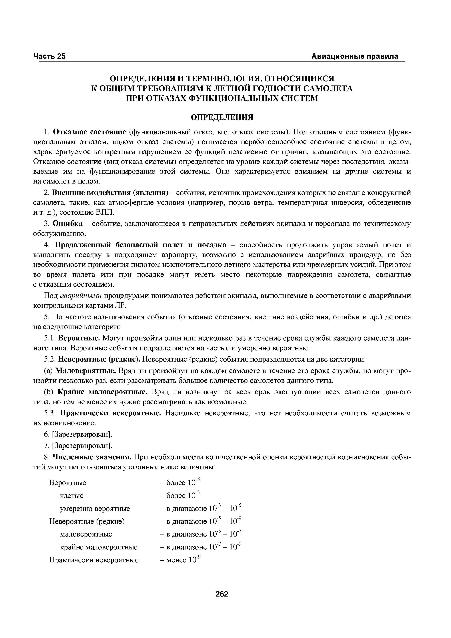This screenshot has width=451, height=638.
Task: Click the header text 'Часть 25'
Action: click(49, 56)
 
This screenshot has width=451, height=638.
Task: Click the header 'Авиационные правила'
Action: click(355, 56)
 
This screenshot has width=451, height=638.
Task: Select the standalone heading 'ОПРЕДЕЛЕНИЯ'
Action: click(222, 117)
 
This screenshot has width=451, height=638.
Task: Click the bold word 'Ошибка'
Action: click(67, 224)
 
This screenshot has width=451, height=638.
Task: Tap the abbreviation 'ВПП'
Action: click(106, 213)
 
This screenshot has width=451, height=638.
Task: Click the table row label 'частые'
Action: click(72, 496)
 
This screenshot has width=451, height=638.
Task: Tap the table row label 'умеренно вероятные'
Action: click(95, 509)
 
